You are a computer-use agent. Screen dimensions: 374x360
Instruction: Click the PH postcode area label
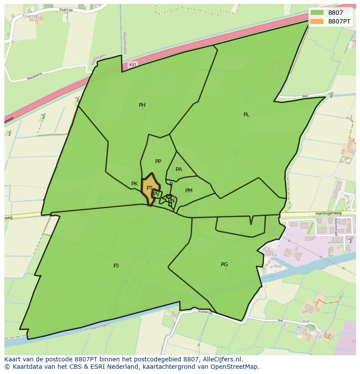(x=142, y=105)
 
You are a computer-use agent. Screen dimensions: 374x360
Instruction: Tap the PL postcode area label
(x=247, y=115)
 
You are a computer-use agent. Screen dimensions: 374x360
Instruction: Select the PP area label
(x=158, y=162)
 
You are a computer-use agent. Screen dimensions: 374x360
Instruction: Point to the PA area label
(x=179, y=169)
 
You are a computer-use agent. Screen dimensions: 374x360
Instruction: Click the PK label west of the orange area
(x=135, y=184)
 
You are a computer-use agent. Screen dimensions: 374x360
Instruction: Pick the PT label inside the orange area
(x=150, y=188)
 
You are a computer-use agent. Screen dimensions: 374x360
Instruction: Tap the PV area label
(x=156, y=194)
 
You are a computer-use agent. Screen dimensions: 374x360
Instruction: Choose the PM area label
(x=189, y=191)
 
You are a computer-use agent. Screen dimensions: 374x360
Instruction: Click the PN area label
(x=171, y=200)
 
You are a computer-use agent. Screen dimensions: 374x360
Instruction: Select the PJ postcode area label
(x=116, y=265)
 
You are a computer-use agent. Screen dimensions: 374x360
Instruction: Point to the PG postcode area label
(x=224, y=265)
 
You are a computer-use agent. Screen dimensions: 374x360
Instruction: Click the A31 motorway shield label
(x=133, y=65)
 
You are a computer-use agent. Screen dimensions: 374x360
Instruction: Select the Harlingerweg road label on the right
(x=330, y=214)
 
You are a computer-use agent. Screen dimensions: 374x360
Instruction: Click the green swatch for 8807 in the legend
(x=317, y=13)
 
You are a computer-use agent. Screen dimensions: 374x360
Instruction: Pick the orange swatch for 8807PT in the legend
(x=317, y=21)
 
